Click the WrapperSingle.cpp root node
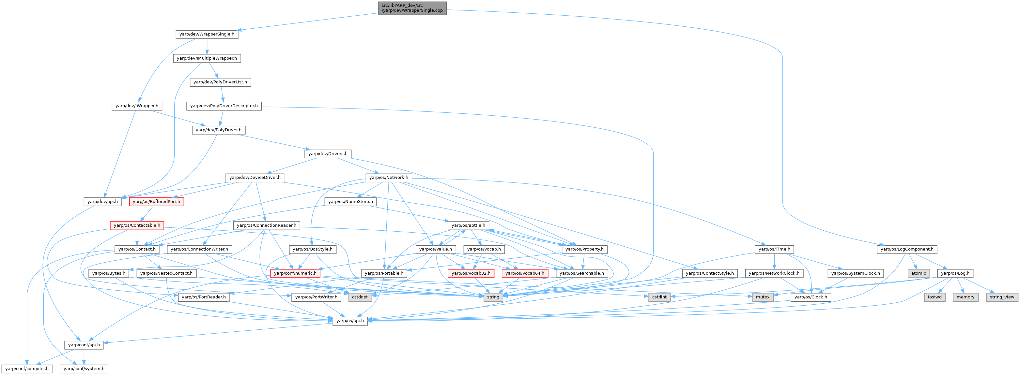[412, 8]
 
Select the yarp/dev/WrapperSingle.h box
[207, 34]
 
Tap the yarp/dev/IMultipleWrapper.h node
[207, 58]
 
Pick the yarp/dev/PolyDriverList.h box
[220, 82]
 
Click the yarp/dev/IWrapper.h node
[137, 106]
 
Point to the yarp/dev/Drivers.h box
[328, 153]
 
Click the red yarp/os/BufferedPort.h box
[156, 202]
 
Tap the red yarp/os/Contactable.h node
[137, 225]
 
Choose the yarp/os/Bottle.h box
[468, 225]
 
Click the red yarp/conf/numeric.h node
[295, 273]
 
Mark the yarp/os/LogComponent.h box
[907, 249]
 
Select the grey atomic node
[919, 273]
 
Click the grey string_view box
[1002, 297]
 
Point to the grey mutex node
[763, 297]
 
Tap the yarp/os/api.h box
[350, 321]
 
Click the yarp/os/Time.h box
[774, 249]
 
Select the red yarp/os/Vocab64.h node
[525, 273]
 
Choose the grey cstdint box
[659, 297]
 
